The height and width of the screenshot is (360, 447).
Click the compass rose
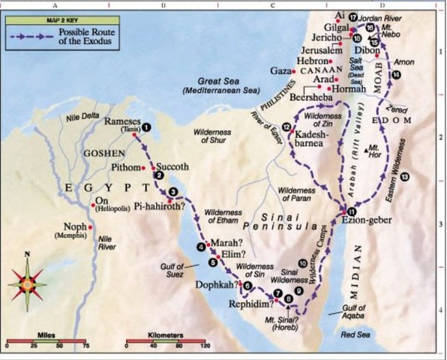(x=28, y=285)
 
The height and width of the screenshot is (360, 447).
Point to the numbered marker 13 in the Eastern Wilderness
(x=405, y=176)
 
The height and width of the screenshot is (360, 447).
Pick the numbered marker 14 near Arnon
(x=395, y=75)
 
